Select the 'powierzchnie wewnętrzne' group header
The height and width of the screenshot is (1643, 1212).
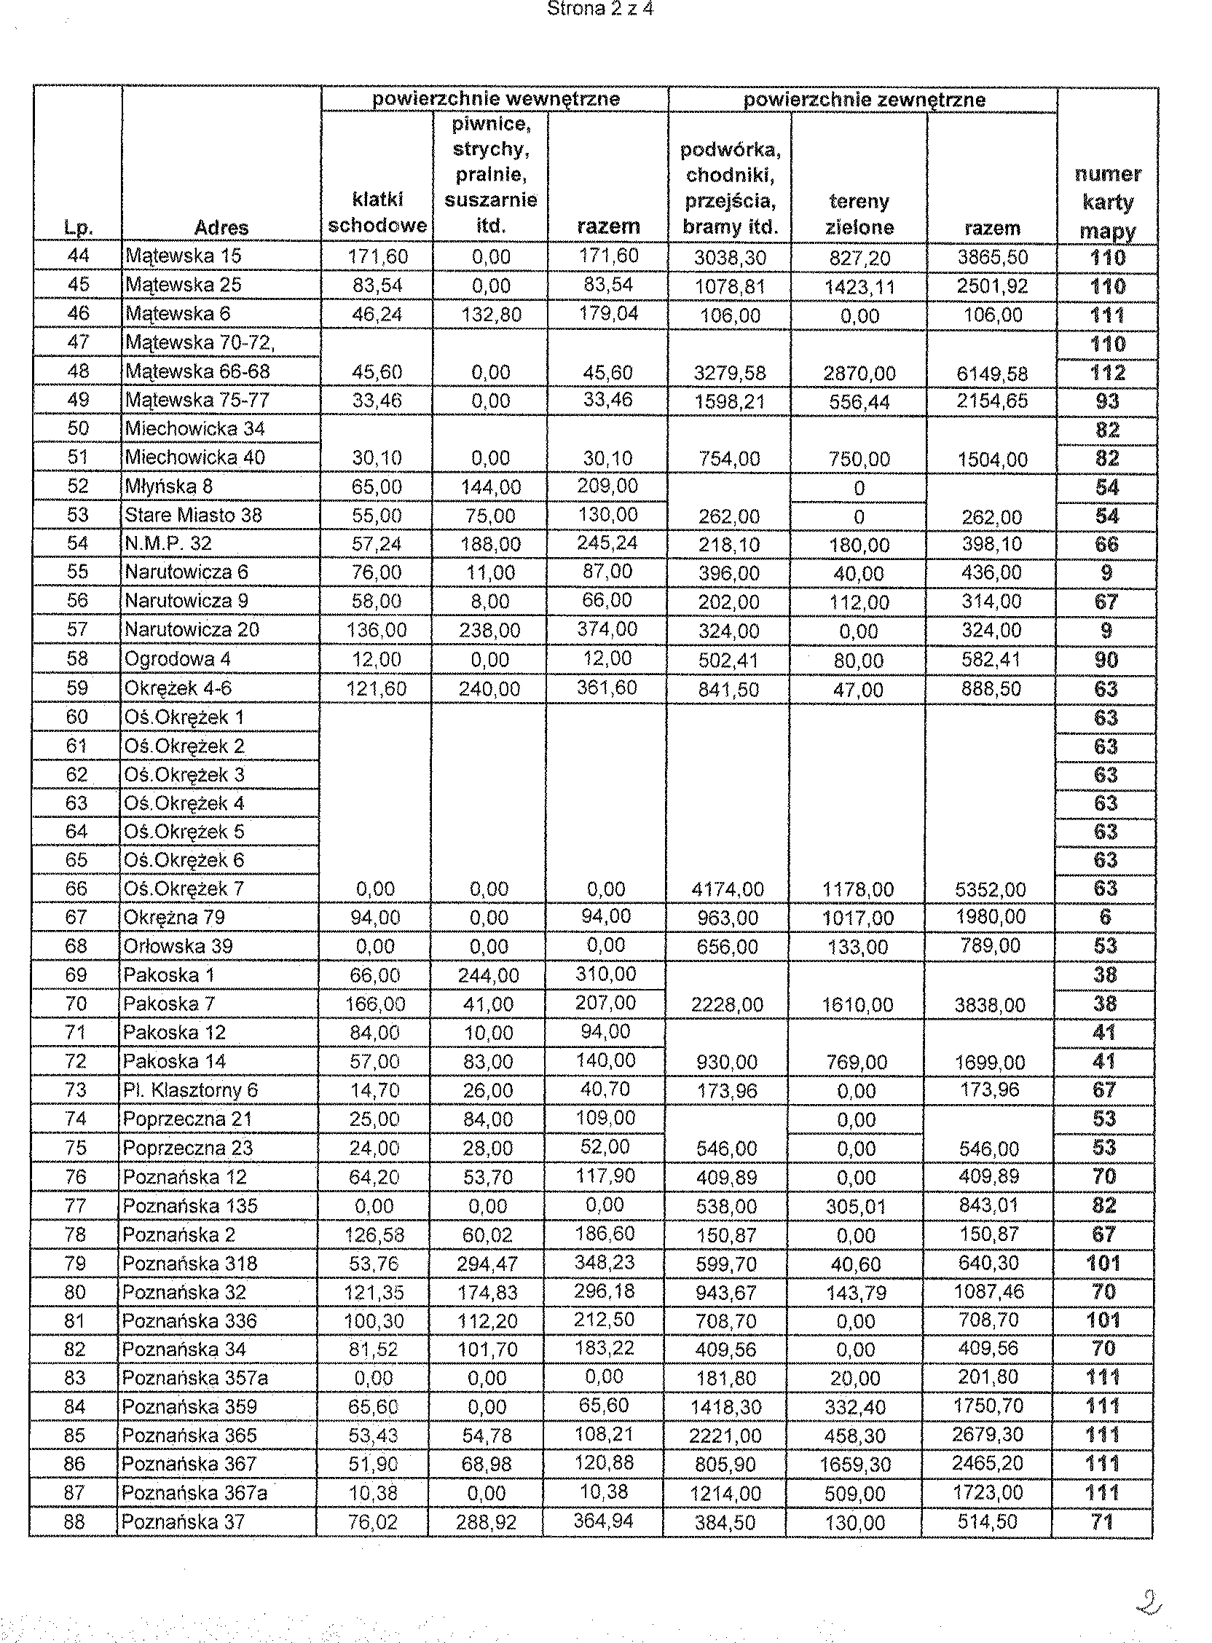495,98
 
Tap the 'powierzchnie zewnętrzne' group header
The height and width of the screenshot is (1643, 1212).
864,99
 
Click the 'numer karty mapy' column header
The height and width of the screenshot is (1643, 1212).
1107,202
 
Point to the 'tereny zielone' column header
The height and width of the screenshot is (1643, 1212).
859,214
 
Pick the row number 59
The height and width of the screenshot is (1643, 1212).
77,688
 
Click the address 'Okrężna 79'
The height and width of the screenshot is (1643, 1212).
174,918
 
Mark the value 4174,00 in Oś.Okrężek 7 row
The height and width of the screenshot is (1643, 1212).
727,890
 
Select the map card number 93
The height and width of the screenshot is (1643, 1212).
1107,401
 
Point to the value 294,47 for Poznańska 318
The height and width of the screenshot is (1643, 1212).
488,1264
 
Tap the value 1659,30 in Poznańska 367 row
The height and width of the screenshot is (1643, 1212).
854,1465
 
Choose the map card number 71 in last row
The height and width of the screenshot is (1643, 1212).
1102,1521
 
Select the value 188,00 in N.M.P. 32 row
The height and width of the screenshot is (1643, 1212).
490,544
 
